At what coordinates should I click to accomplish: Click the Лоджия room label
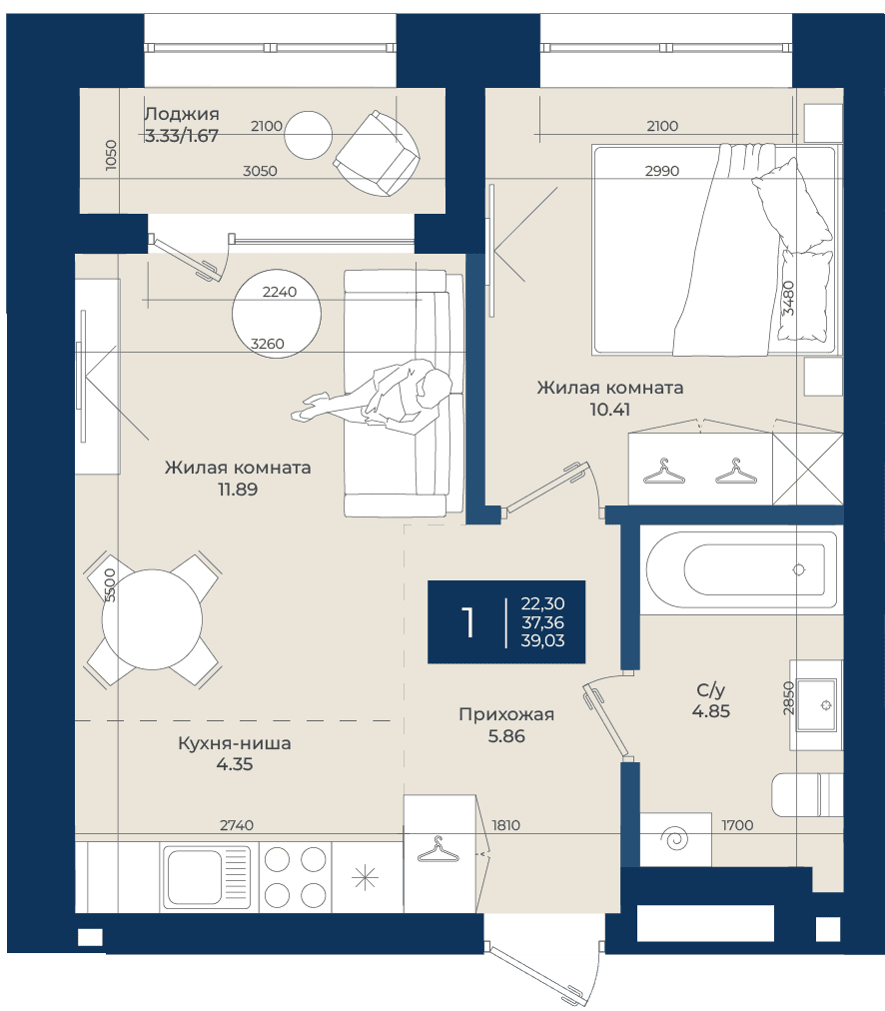click(181, 114)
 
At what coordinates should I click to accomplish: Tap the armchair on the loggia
click(377, 154)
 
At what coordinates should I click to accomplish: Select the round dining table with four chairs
click(152, 619)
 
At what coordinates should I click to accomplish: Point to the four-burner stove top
click(296, 877)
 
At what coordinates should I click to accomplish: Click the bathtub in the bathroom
click(741, 569)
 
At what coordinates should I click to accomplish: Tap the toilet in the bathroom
click(807, 793)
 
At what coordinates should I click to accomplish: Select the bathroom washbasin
click(817, 704)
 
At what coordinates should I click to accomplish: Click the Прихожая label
click(506, 714)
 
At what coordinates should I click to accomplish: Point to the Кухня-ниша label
click(235, 743)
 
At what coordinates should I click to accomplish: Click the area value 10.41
click(609, 410)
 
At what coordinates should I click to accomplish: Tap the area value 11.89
click(238, 490)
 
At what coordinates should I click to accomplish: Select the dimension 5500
click(110, 584)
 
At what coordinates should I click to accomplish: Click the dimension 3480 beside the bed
click(788, 298)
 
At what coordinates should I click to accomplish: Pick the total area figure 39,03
click(542, 640)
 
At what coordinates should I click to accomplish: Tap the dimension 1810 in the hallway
click(506, 825)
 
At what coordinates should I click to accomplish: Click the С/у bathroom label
click(711, 690)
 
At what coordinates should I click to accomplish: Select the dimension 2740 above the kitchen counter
click(237, 825)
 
